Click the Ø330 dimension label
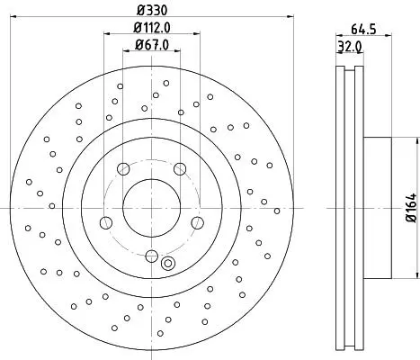[152, 10]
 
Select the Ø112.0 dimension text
[152, 28]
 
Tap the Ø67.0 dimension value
[152, 45]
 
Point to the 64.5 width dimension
[363, 30]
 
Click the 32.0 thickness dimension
[350, 47]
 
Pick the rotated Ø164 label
[412, 208]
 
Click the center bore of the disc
[151, 208]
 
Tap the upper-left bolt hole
[123, 169]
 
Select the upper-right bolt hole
[180, 169]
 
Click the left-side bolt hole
[106, 223]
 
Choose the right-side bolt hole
[197, 223]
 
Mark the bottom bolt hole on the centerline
[152, 256]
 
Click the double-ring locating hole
[168, 264]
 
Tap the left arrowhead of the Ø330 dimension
[13, 17]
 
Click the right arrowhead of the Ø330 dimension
[290, 17]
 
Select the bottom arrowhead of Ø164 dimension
[417, 274]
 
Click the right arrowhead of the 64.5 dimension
[389, 36]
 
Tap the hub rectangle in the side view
[378, 208]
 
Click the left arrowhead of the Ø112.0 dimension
[107, 33]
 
